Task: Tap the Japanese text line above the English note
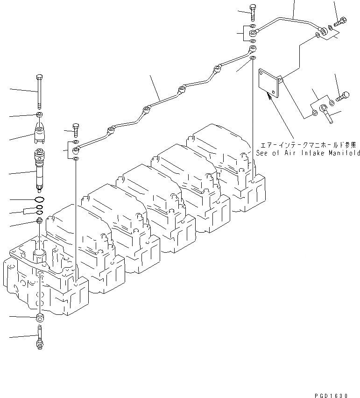[x=307, y=144]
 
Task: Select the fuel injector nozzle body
[x=40, y=171]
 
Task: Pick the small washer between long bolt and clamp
[x=40, y=115]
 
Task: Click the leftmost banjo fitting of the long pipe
[x=76, y=150]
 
